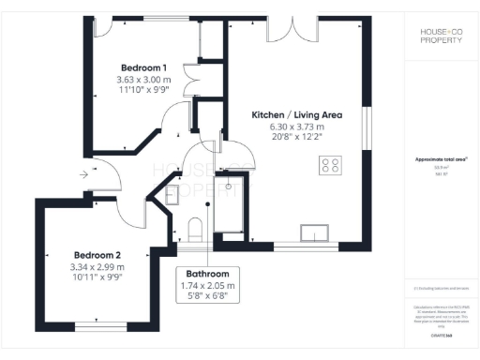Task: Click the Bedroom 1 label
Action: pos(144,67)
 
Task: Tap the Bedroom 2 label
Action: pos(98,255)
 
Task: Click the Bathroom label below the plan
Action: pos(207,274)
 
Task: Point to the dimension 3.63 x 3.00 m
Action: pos(144,80)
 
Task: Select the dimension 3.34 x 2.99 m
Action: pos(98,267)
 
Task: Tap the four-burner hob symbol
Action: pos(331,166)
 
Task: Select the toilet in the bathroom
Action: pos(195,229)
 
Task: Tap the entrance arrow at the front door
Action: pos(85,173)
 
